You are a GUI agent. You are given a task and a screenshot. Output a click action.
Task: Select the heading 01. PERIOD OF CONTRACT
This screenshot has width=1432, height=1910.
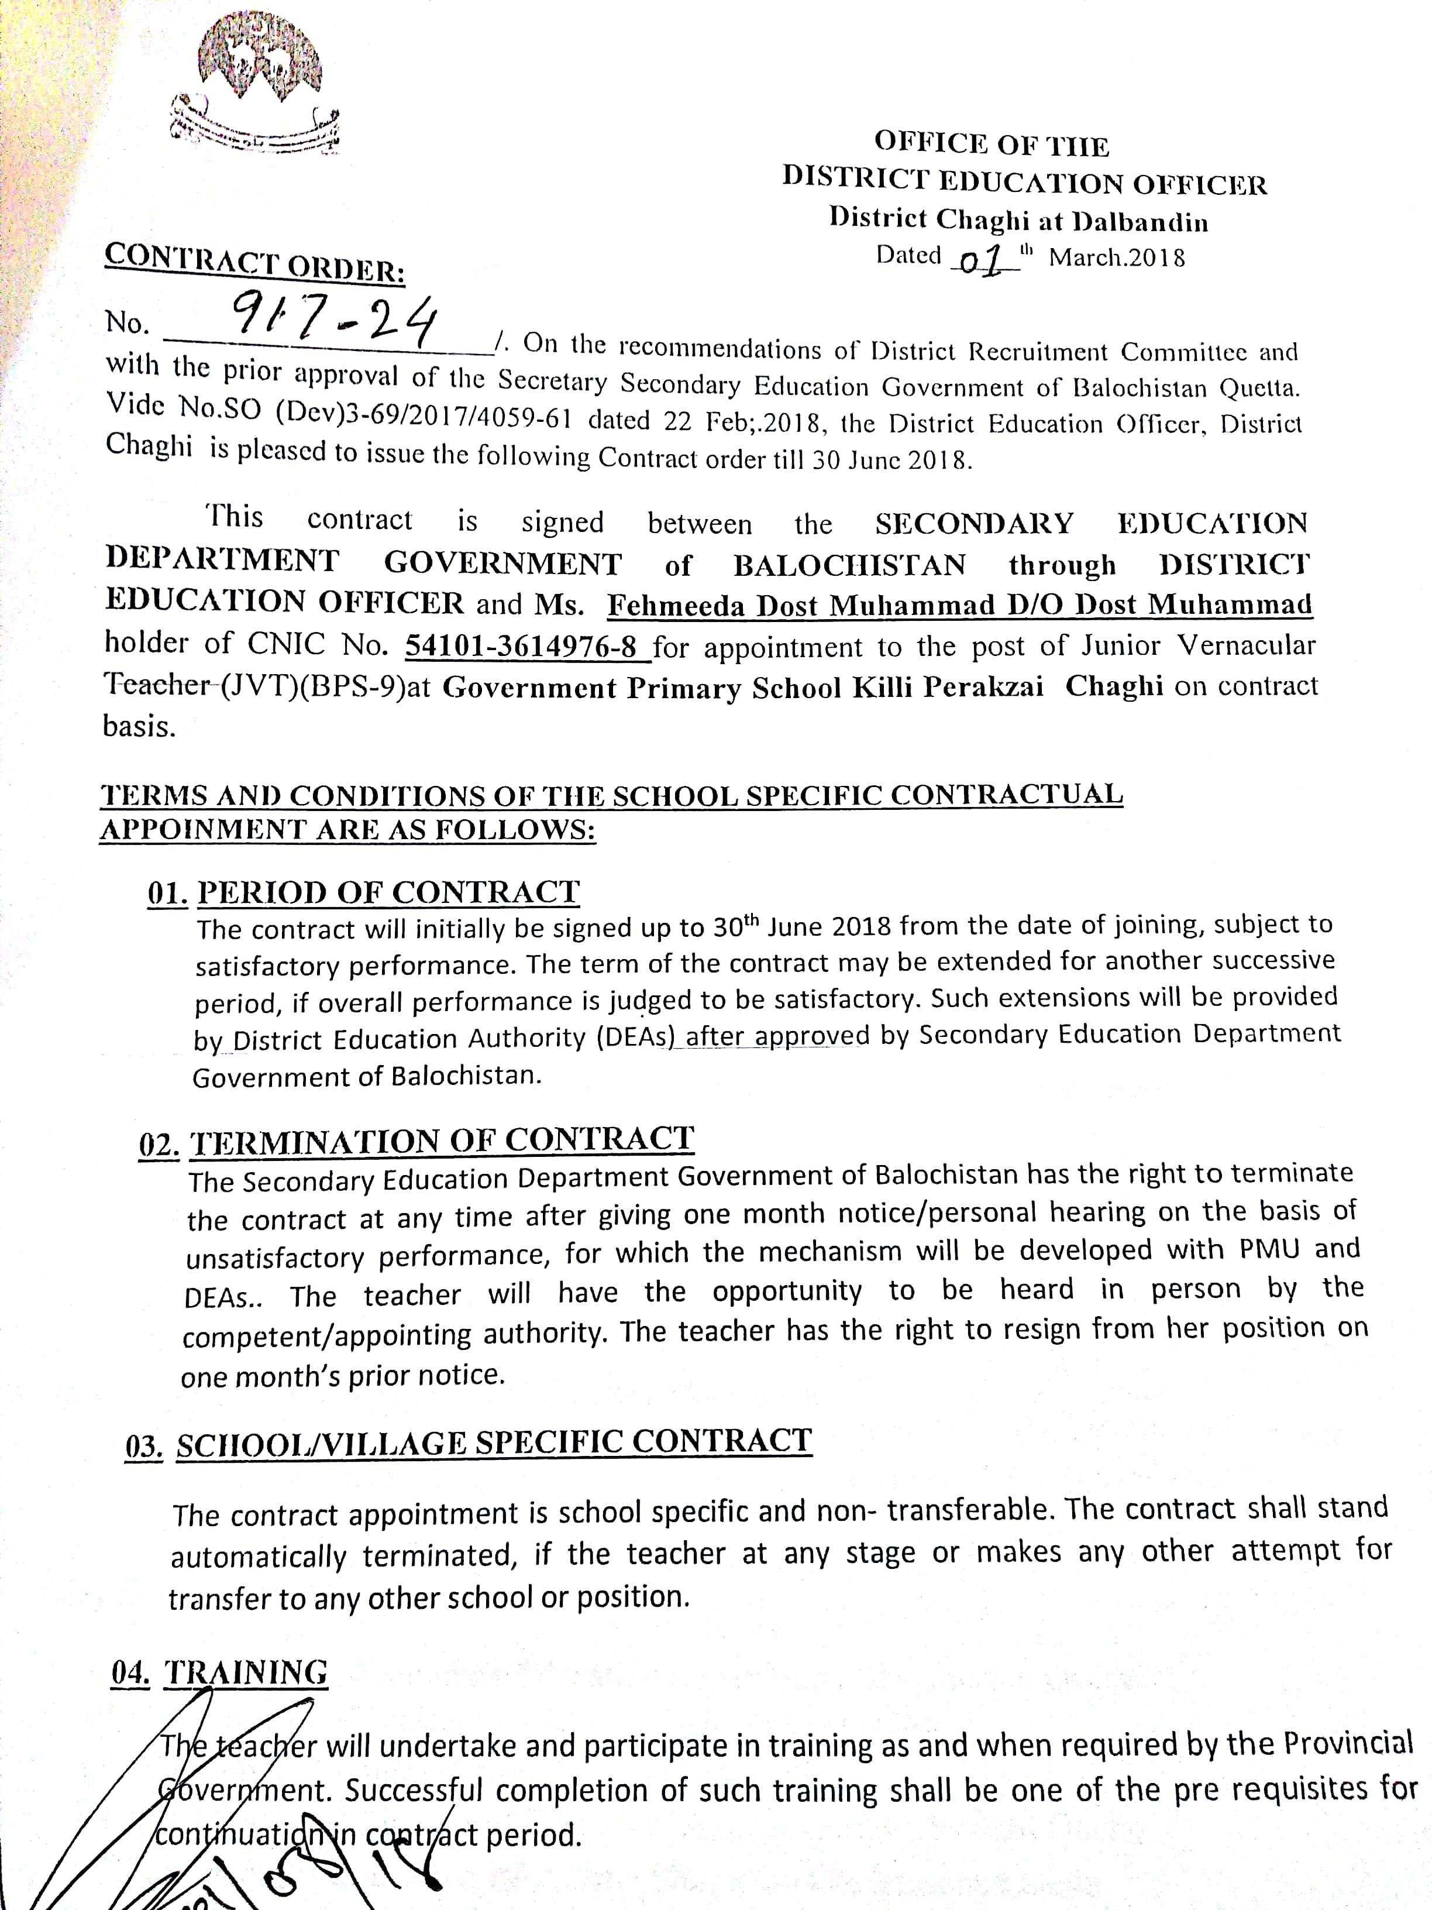pos(363,892)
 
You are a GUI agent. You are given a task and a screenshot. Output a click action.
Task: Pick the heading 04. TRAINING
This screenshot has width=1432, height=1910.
pos(219,1672)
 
